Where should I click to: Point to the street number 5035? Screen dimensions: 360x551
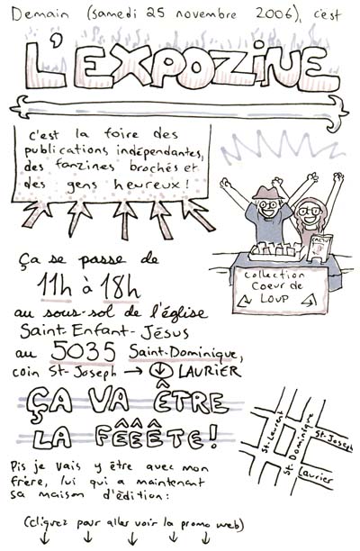click(84, 351)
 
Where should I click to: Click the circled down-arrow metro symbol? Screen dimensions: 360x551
click(160, 371)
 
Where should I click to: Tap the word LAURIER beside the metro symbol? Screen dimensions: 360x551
click(210, 371)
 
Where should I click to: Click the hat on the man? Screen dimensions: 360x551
click(268, 192)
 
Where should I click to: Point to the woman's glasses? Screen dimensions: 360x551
click(310, 212)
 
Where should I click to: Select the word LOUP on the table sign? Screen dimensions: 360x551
click(274, 299)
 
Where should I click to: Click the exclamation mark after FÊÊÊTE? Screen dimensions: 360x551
click(211, 437)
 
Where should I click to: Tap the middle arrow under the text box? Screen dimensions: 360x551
click(125, 219)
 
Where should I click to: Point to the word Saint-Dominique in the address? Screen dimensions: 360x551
click(184, 352)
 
